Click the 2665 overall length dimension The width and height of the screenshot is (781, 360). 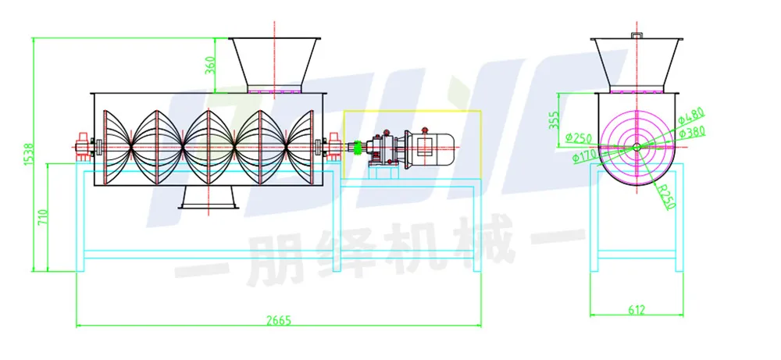tap(278, 320)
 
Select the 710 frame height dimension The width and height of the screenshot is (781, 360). tap(43, 218)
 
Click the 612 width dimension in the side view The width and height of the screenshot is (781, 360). tap(637, 310)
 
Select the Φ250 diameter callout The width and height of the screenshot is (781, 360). tap(579, 136)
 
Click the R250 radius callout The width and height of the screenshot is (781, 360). tap(666, 196)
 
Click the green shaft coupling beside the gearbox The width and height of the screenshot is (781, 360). tap(358, 149)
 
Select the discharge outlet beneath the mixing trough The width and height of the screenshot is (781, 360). tap(208, 197)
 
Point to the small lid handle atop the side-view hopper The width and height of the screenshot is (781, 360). tap(637, 35)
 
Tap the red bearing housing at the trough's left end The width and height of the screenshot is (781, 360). tap(82, 146)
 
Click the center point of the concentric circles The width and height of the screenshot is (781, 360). tap(637, 146)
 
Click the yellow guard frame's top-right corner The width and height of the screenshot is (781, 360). tap(481, 111)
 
